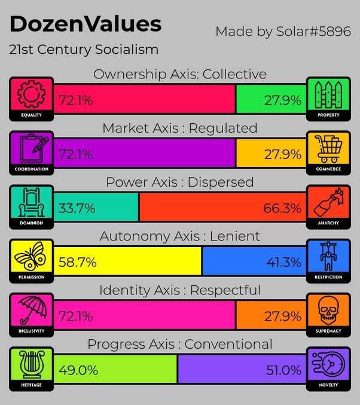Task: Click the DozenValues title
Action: pyautogui.click(x=86, y=24)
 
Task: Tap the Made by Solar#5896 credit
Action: pyautogui.click(x=283, y=32)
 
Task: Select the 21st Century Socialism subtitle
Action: pyautogui.click(x=84, y=49)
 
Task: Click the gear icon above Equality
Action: pyautogui.click(x=32, y=94)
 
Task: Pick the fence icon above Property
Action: pyautogui.click(x=328, y=95)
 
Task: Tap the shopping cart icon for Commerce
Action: pyautogui.click(x=328, y=149)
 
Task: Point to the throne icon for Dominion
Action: pyautogui.click(x=32, y=202)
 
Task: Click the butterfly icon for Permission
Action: pyautogui.click(x=30, y=256)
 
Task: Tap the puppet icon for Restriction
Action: pyautogui.click(x=328, y=256)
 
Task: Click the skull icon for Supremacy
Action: pyautogui.click(x=328, y=310)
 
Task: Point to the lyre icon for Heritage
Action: pyautogui.click(x=32, y=364)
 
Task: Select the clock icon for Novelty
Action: pyautogui.click(x=328, y=364)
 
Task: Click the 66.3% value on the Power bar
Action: pyautogui.click(x=282, y=208)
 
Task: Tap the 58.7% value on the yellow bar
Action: pyautogui.click(x=78, y=262)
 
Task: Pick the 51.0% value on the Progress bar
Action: pyautogui.click(x=283, y=370)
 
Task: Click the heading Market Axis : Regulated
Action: pyautogui.click(x=180, y=128)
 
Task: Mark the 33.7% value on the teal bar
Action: pyautogui.click(x=77, y=208)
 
